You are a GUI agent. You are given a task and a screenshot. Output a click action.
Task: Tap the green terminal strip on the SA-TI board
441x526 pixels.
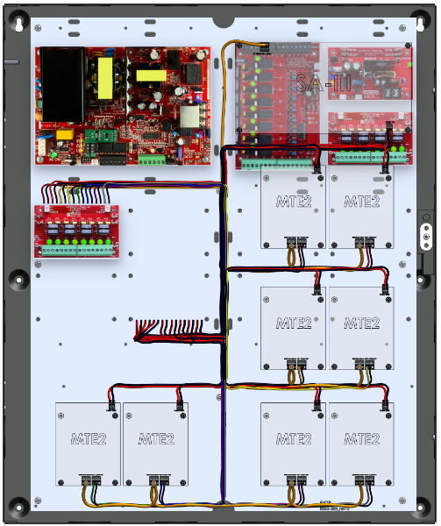[276, 162]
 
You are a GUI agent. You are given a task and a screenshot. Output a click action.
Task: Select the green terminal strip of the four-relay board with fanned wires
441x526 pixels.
[77, 249]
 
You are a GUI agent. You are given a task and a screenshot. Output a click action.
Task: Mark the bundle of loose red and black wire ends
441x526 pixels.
[175, 331]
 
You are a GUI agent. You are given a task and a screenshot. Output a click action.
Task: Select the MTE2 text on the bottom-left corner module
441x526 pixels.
[88, 438]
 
